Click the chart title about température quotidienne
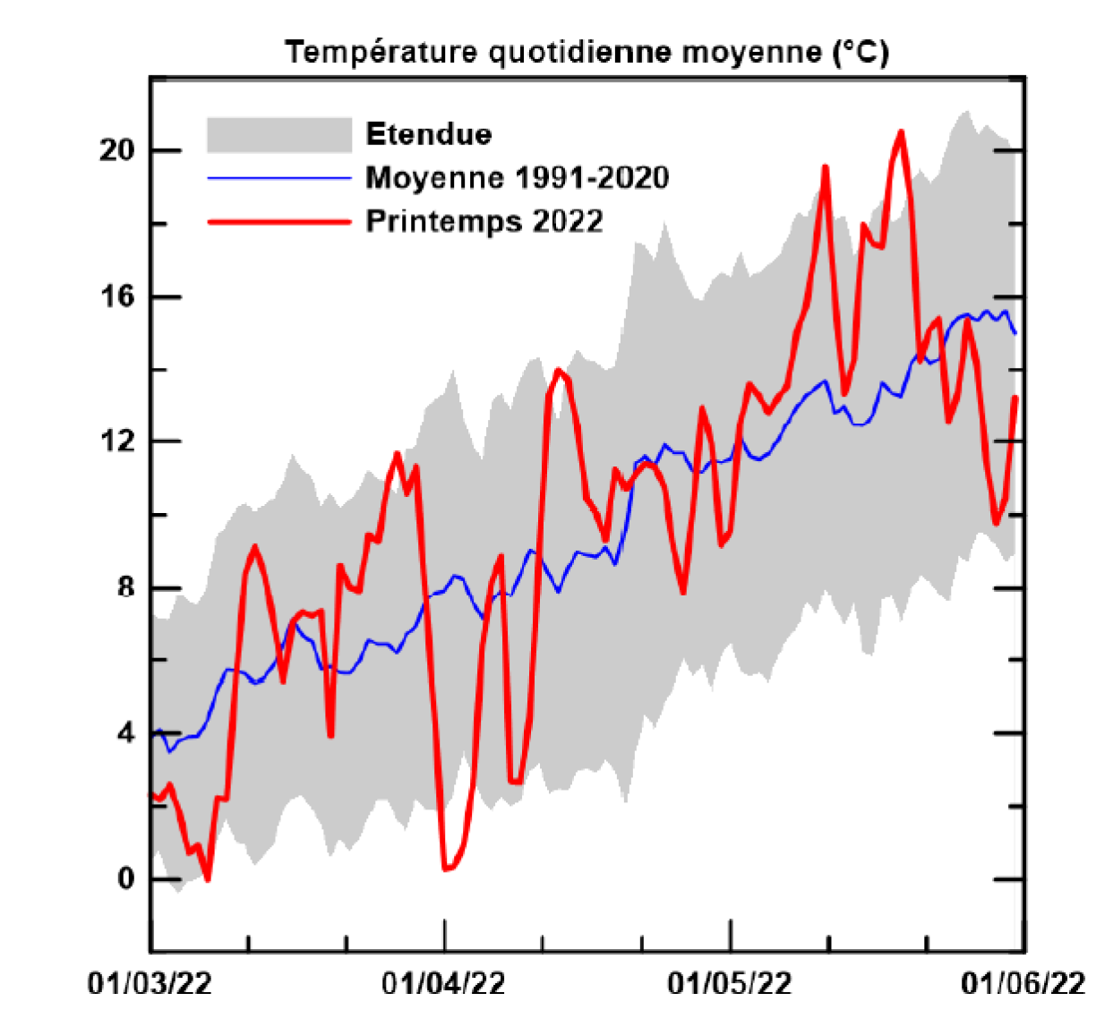[587, 52]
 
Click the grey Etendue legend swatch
[278, 135]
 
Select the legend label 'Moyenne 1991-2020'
[517, 177]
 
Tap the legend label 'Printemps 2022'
[484, 220]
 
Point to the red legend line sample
[278, 221]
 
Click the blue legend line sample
[278, 178]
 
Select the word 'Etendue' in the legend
[429, 134]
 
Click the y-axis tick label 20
[116, 150]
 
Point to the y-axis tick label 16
[116, 295]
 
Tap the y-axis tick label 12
[116, 441]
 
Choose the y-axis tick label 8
[125, 587]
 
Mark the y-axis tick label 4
[125, 733]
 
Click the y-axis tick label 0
[125, 878]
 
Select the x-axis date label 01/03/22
[150, 983]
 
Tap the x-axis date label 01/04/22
[443, 983]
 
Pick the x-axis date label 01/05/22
[730, 983]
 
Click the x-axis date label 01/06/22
[1023, 983]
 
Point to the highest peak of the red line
[901, 132]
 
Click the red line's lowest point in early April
[446, 869]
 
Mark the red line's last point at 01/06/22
[1015, 398]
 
